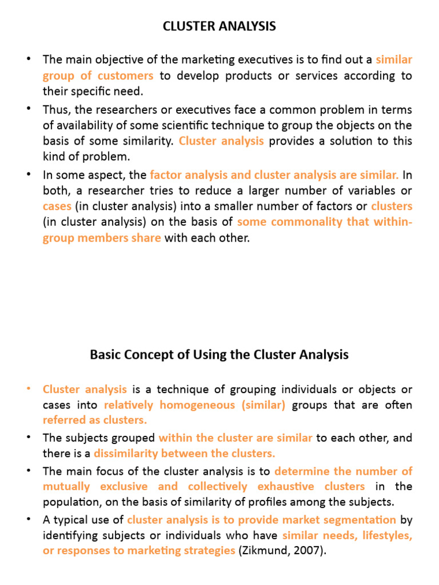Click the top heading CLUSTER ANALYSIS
pos(219,26)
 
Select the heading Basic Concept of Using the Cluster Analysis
pos(219,355)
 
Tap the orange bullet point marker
pos(29,389)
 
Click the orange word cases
pos(57,206)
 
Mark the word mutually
pos(66,487)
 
